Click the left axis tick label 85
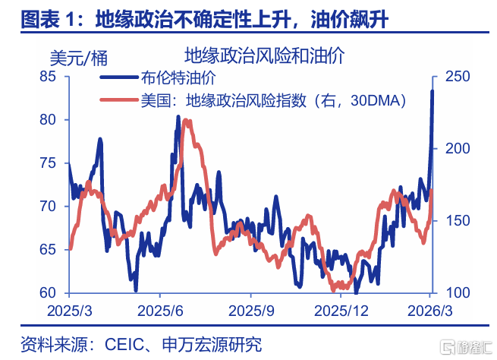coord(48,77)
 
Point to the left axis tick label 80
coord(48,120)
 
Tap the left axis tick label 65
coord(48,250)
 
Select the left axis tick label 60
coord(48,293)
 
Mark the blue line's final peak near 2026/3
coord(433,91)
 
